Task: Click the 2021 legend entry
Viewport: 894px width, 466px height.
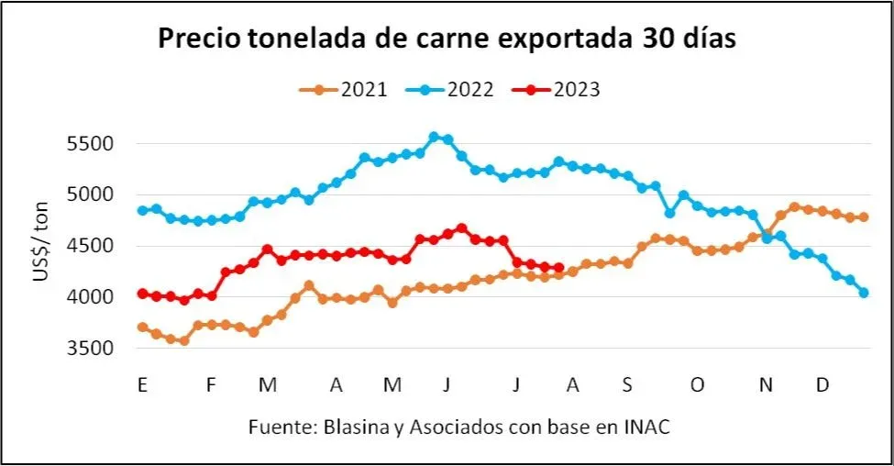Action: [344, 90]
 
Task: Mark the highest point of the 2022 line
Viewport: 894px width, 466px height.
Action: [434, 137]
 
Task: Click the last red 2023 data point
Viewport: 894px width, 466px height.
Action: [558, 268]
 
